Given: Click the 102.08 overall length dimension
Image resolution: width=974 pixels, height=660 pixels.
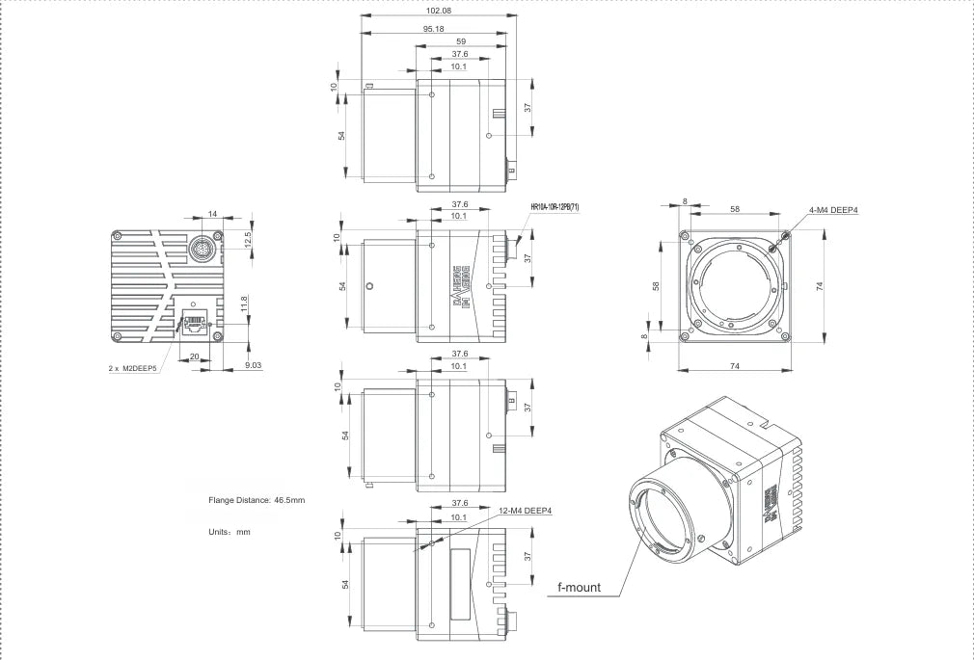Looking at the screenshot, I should pyautogui.click(x=439, y=11).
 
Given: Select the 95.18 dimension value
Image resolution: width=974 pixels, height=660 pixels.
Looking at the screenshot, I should pyautogui.click(x=433, y=28).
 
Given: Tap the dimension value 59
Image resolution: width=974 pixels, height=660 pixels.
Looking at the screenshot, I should pyautogui.click(x=461, y=41).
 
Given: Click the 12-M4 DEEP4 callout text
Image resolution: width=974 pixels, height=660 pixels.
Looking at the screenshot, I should pyautogui.click(x=526, y=510).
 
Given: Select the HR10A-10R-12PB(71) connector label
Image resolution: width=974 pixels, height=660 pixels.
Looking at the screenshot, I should pyautogui.click(x=555, y=207).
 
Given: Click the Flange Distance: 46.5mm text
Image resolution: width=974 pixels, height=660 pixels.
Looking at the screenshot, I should pyautogui.click(x=257, y=500).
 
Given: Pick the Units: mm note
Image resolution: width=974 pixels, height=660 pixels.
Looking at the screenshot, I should pyautogui.click(x=230, y=531).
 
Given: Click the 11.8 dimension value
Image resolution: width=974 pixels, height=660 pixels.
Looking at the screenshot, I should pyautogui.click(x=244, y=304).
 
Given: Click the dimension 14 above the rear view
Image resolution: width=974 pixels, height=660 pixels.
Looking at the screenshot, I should pyautogui.click(x=212, y=215).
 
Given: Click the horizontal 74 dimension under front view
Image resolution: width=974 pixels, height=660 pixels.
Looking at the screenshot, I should pyautogui.click(x=734, y=366).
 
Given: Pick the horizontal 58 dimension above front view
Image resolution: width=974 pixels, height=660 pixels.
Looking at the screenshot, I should pyautogui.click(x=735, y=208).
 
